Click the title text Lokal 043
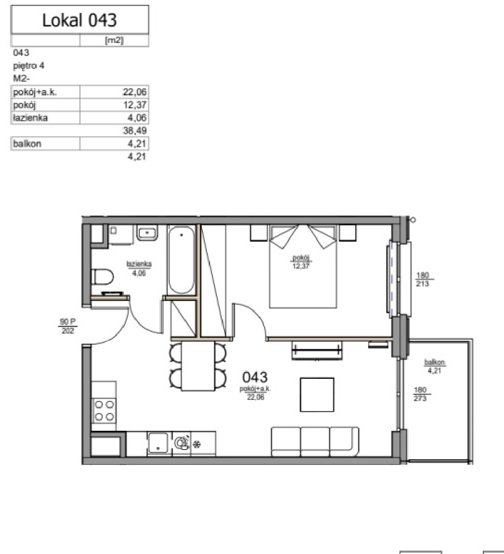click(x=80, y=20)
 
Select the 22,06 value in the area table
click(x=134, y=92)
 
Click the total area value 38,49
click(x=135, y=131)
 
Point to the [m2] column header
click(x=114, y=40)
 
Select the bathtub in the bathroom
click(x=181, y=260)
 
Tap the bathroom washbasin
click(x=147, y=233)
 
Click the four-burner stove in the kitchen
click(x=104, y=410)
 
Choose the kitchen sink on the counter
click(x=158, y=443)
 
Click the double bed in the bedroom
click(x=303, y=266)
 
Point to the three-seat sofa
click(x=315, y=442)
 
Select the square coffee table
click(x=317, y=395)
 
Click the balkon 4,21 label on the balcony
click(x=434, y=366)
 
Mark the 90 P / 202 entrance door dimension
click(x=67, y=326)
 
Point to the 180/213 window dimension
click(x=423, y=279)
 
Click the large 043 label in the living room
click(x=255, y=377)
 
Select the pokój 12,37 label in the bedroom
click(x=301, y=262)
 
